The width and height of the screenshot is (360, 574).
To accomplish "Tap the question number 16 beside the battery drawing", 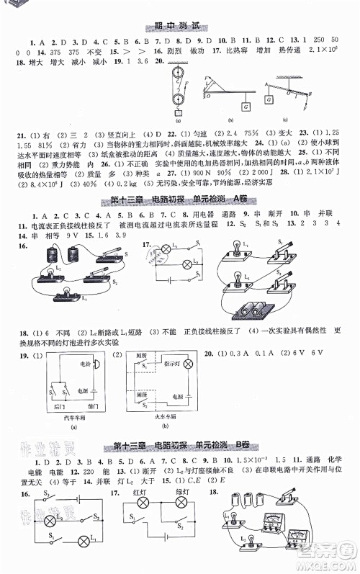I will pyautogui.click(x=16, y=246).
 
